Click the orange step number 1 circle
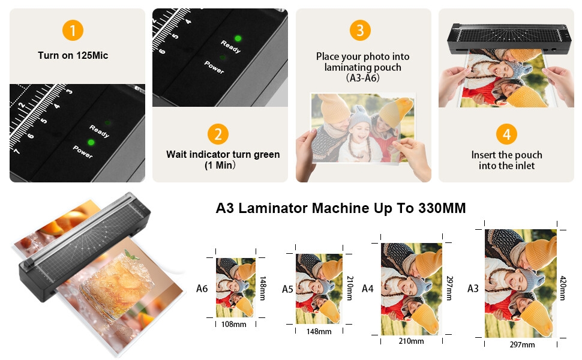(73, 30)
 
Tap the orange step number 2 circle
(218, 134)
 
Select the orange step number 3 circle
(360, 30)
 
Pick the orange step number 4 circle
(506, 134)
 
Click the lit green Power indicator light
(91, 142)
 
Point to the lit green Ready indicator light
(238, 38)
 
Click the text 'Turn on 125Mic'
(73, 56)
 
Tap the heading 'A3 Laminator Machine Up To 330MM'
(341, 208)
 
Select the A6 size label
(202, 289)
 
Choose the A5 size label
(287, 289)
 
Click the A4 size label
(367, 289)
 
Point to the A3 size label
(473, 289)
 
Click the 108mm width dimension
(234, 325)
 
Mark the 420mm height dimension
(563, 288)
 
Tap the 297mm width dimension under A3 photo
(522, 345)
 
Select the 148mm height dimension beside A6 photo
(263, 289)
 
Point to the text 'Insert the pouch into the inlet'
(506, 160)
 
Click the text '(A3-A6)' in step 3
(362, 78)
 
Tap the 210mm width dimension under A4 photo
(411, 341)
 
